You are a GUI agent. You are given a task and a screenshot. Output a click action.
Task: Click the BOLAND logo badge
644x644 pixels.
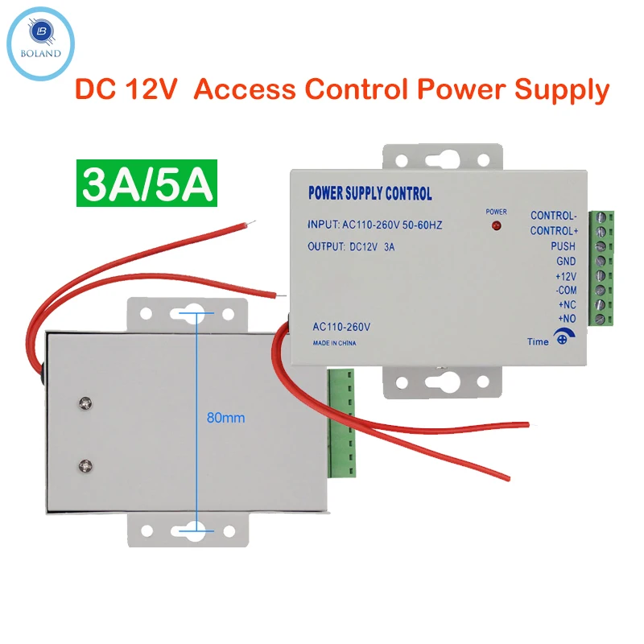(x=40, y=40)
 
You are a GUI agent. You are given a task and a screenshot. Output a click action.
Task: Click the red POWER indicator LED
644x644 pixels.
(x=496, y=226)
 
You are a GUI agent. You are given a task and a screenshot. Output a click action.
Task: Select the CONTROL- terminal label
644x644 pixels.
(x=554, y=216)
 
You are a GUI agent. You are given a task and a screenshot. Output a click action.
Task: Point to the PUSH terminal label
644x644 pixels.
(x=563, y=246)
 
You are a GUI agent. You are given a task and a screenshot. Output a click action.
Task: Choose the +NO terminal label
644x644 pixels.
(x=566, y=320)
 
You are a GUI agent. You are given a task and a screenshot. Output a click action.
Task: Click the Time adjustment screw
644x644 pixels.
(x=563, y=341)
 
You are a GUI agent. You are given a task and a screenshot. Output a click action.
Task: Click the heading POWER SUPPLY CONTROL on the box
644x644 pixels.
(x=370, y=194)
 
